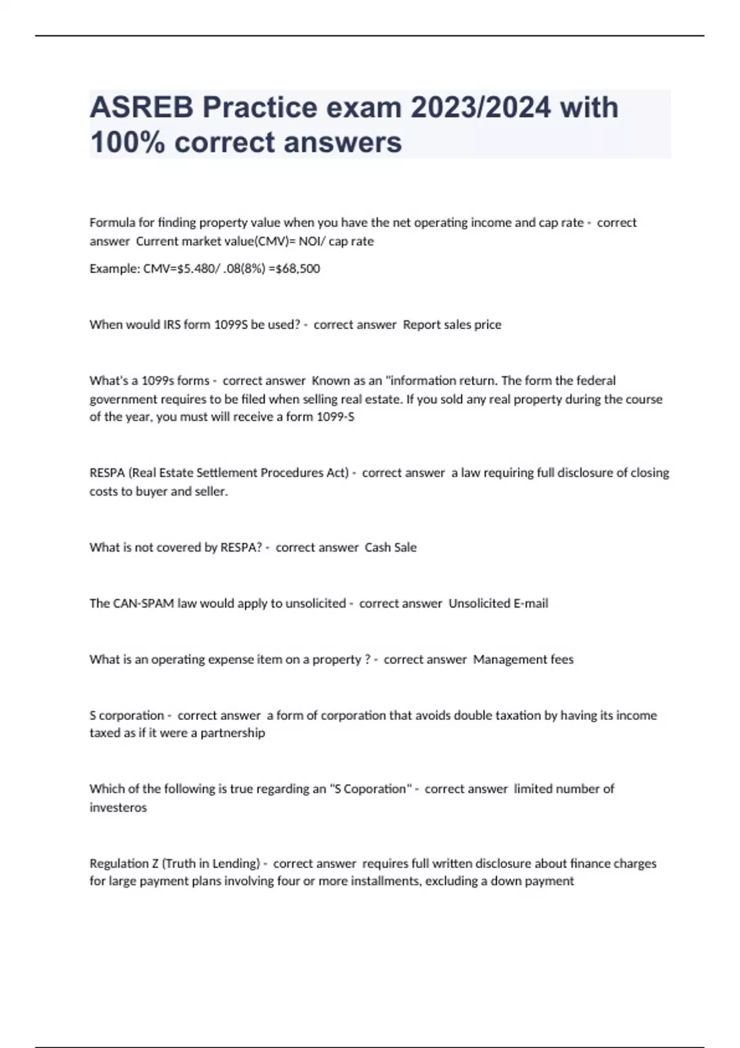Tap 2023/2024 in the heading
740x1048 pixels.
point(481,108)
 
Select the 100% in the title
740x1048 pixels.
point(127,142)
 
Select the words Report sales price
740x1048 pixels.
point(452,325)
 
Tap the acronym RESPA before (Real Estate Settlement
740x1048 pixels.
point(107,473)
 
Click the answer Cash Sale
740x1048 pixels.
point(390,547)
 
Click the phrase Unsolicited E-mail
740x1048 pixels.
point(498,604)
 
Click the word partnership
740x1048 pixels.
point(232,733)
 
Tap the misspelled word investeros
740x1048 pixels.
point(118,808)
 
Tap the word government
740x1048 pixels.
point(123,399)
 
